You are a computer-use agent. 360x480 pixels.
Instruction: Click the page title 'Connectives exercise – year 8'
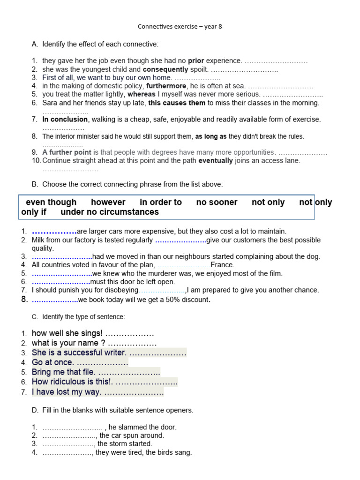click(180, 27)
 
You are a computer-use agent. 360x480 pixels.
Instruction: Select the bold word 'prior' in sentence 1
click(196, 61)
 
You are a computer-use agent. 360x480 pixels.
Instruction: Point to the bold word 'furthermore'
click(166, 86)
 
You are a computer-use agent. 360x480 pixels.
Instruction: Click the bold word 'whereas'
click(142, 94)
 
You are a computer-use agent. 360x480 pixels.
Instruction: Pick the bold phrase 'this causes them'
click(177, 103)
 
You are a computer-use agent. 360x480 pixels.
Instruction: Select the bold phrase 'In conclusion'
click(65, 120)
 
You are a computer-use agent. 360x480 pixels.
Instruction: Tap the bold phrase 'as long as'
click(210, 136)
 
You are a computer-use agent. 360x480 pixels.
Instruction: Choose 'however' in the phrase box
click(108, 202)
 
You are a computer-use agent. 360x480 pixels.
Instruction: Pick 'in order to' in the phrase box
click(161, 202)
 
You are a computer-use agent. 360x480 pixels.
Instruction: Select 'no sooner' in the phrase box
click(217, 202)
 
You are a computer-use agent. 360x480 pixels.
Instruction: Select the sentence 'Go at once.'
click(52, 362)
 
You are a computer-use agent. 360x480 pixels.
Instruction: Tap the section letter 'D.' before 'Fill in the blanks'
click(35, 411)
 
